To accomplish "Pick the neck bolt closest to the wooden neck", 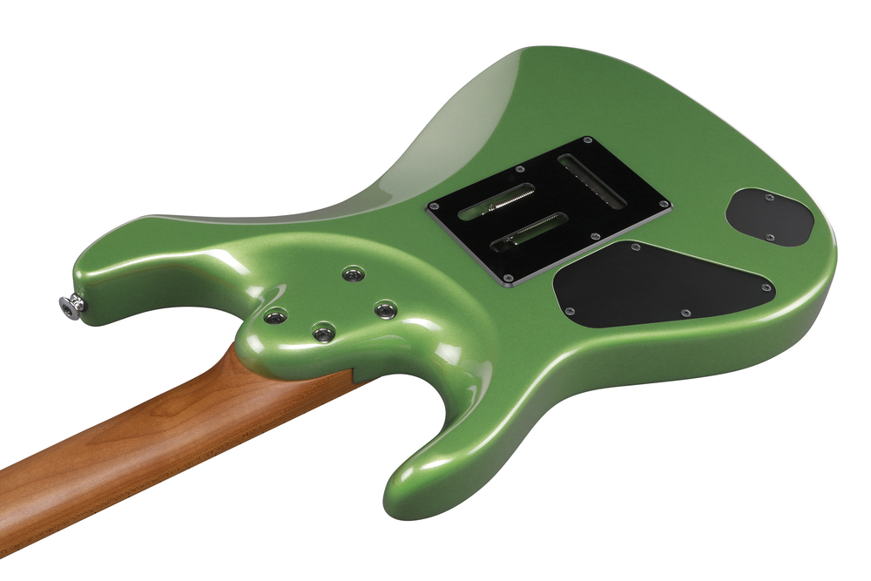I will pyautogui.click(x=323, y=332).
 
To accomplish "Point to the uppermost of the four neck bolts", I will pyautogui.click(x=353, y=274).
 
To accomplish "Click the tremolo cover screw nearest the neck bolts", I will pyautogui.click(x=433, y=207).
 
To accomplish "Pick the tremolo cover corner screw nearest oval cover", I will pyautogui.click(x=665, y=206).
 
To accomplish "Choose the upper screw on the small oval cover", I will pyautogui.click(x=768, y=198).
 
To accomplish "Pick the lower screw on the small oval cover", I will pyautogui.click(x=770, y=237).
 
